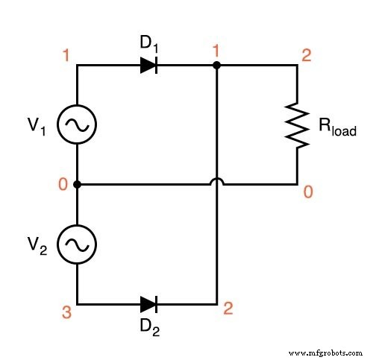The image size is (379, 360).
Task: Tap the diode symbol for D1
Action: point(148,65)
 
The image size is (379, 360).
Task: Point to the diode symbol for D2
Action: point(148,304)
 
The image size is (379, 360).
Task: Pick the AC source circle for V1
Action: point(77,124)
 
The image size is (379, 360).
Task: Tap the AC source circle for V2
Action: point(77,244)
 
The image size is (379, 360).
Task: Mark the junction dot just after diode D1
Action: point(216,65)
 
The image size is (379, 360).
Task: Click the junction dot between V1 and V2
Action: point(77,184)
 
